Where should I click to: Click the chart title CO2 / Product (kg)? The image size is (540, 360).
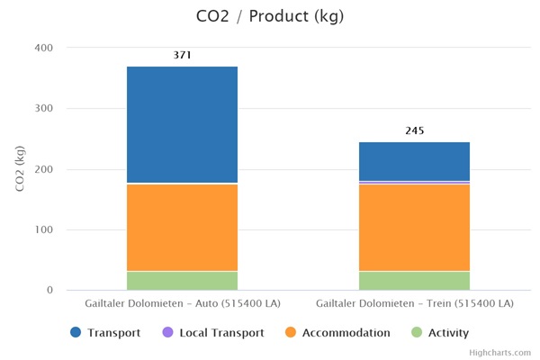pyautogui.click(x=269, y=16)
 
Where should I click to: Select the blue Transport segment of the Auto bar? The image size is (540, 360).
pyautogui.click(x=182, y=124)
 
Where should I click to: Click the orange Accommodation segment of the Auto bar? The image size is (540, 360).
pyautogui.click(x=182, y=228)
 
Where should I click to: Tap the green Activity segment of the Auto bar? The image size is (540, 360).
pyautogui.click(x=182, y=280)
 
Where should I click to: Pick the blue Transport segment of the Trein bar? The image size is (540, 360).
pyautogui.click(x=414, y=161)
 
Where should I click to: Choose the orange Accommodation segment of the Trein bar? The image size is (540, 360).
pyautogui.click(x=414, y=228)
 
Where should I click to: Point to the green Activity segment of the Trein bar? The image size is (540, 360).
pyautogui.click(x=414, y=280)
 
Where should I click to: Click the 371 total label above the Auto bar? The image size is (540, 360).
pyautogui.click(x=182, y=56)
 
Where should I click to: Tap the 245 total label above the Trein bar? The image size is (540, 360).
pyautogui.click(x=414, y=130)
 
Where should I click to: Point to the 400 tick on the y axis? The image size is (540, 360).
pyautogui.click(x=43, y=48)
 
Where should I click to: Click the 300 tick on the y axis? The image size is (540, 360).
pyautogui.click(x=43, y=109)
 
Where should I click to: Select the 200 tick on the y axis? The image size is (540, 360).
pyautogui.click(x=43, y=169)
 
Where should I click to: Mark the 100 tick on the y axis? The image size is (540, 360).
pyautogui.click(x=43, y=229)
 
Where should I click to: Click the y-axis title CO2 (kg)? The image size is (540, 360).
pyautogui.click(x=19, y=168)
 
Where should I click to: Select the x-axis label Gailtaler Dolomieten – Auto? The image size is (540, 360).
pyautogui.click(x=182, y=303)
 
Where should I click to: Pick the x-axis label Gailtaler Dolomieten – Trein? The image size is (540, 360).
pyautogui.click(x=414, y=303)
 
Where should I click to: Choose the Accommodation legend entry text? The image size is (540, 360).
pyautogui.click(x=346, y=333)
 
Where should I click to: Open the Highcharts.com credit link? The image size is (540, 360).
pyautogui.click(x=499, y=353)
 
